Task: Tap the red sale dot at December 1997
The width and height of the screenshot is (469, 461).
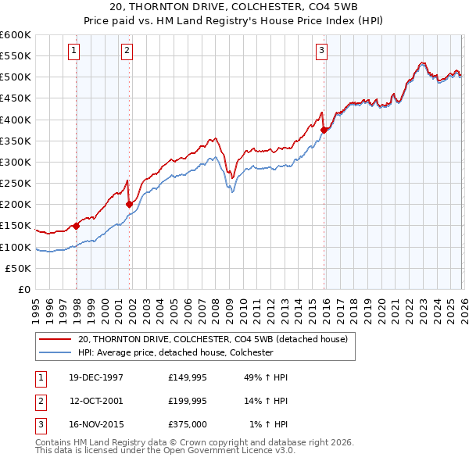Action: click(x=77, y=226)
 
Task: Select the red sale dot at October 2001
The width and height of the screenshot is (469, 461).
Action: click(x=129, y=205)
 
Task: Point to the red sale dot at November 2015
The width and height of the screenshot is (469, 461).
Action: click(x=324, y=130)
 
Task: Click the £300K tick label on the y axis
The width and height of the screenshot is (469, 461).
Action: click(x=16, y=162)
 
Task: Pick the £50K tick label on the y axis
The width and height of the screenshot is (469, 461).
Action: click(x=19, y=268)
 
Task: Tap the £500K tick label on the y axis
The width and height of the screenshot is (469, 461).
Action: click(x=16, y=77)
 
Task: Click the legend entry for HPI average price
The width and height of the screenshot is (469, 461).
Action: click(x=175, y=352)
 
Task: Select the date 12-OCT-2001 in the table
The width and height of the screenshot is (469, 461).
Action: click(x=96, y=401)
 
